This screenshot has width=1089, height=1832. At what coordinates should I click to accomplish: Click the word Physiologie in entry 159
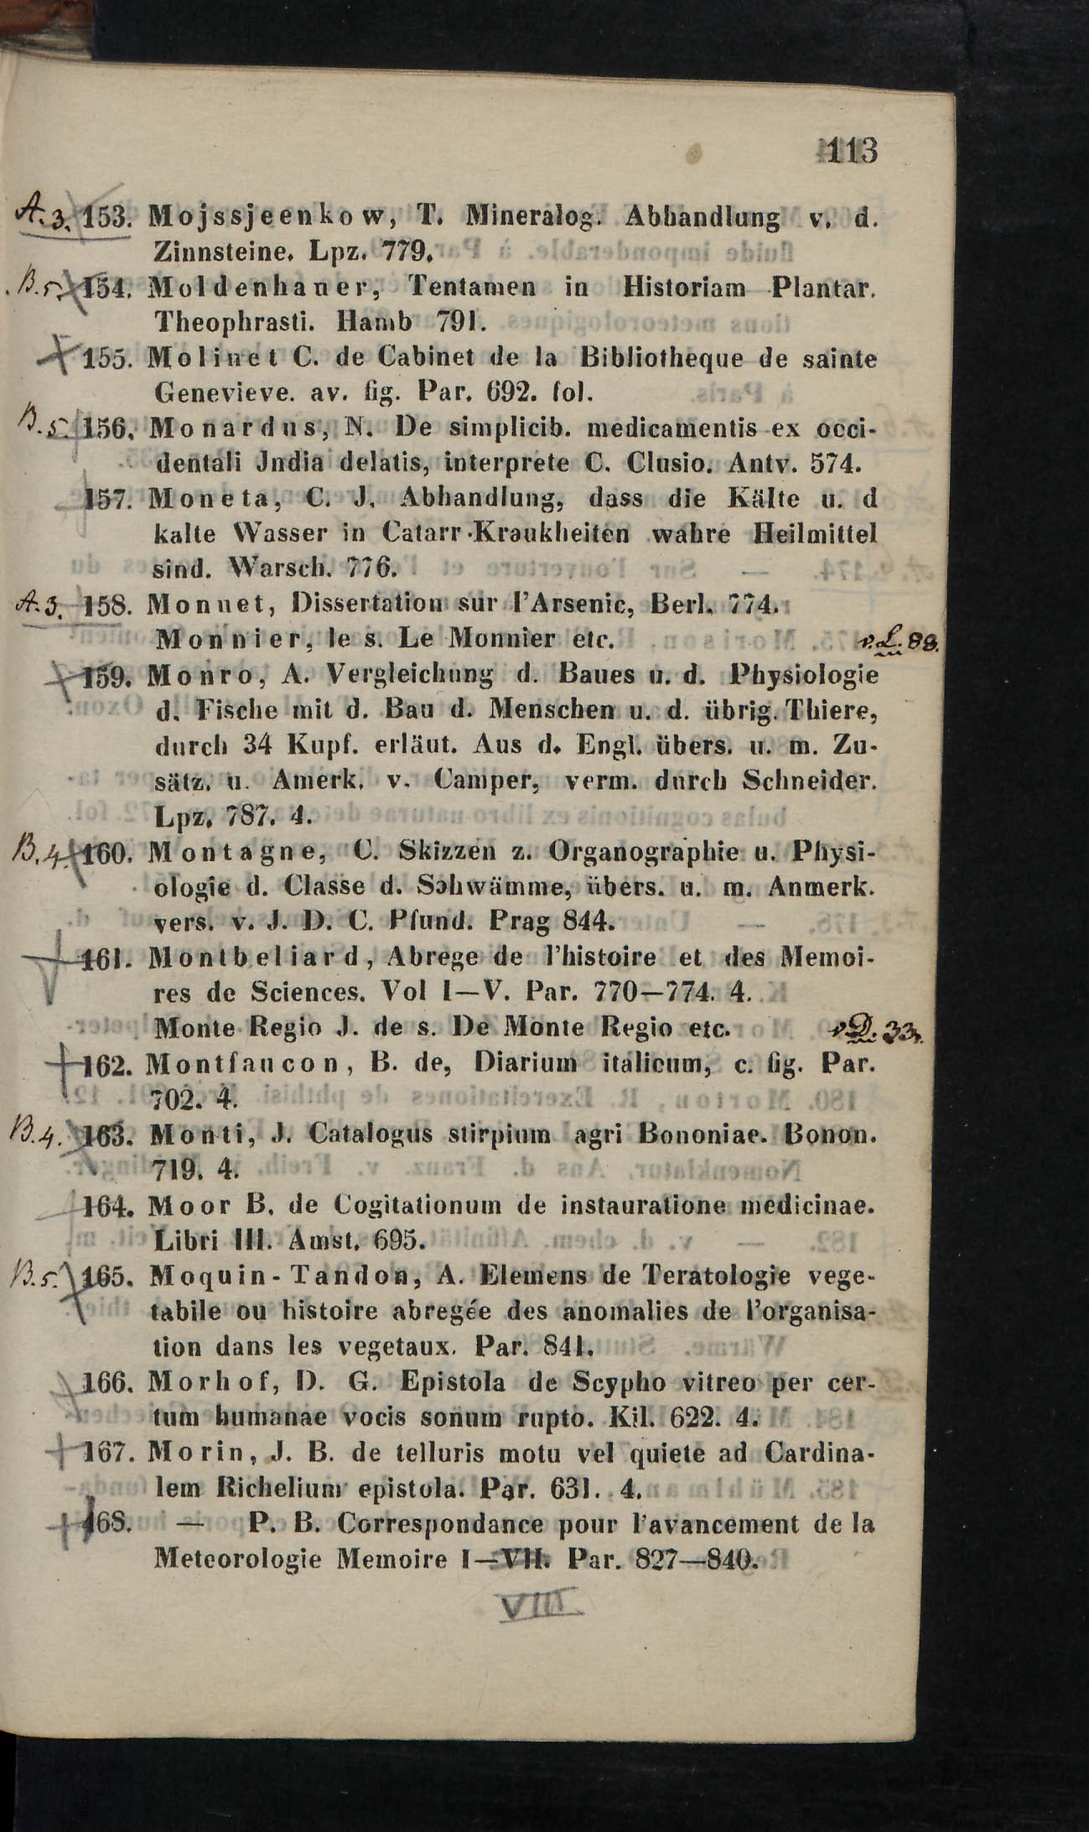pos(804,674)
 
